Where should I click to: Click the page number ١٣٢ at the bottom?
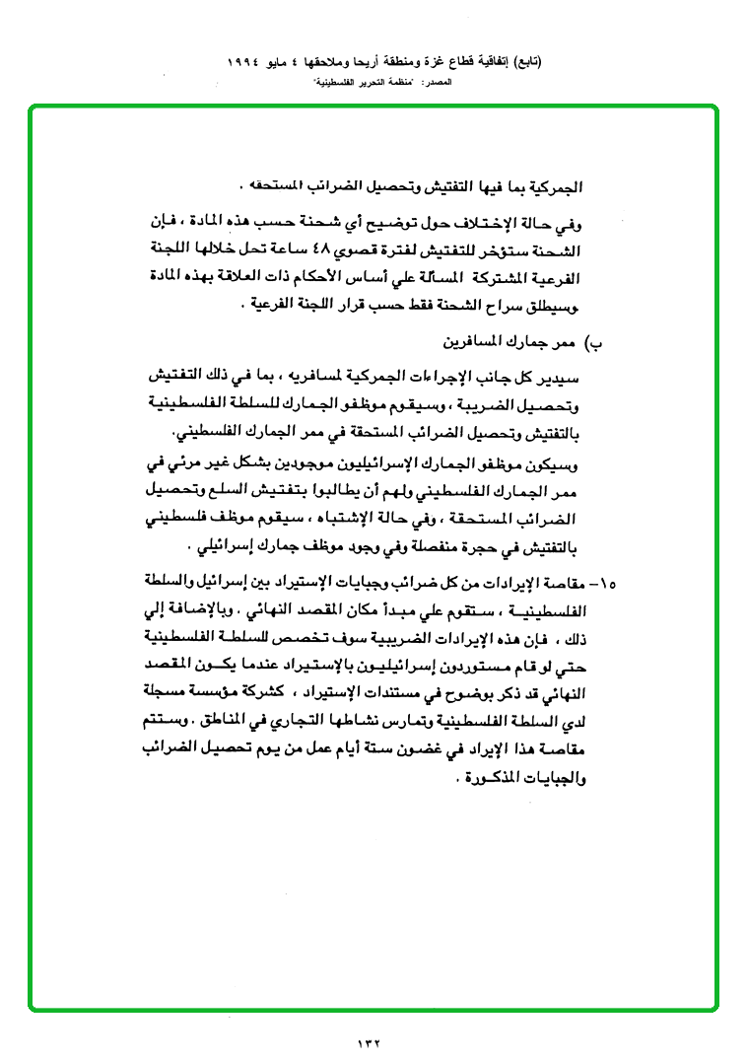point(367,1040)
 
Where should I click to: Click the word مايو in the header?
point(279,61)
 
